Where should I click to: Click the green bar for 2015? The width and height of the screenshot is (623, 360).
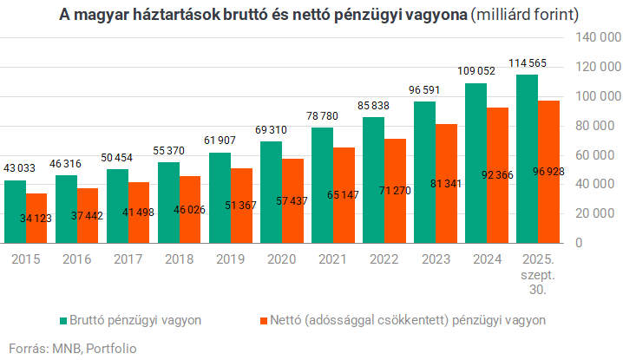15,211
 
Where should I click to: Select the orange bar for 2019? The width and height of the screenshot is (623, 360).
242,205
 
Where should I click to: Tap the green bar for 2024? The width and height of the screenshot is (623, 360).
475,163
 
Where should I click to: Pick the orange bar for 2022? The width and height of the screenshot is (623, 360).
396,190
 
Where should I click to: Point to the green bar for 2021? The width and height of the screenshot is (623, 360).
322,185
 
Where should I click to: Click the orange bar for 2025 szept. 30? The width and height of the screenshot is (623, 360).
549,172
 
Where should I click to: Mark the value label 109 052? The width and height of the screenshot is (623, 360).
476,71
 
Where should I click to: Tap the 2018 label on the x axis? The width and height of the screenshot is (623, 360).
180,259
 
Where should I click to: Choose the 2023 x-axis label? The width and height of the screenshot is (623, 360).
436,259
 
